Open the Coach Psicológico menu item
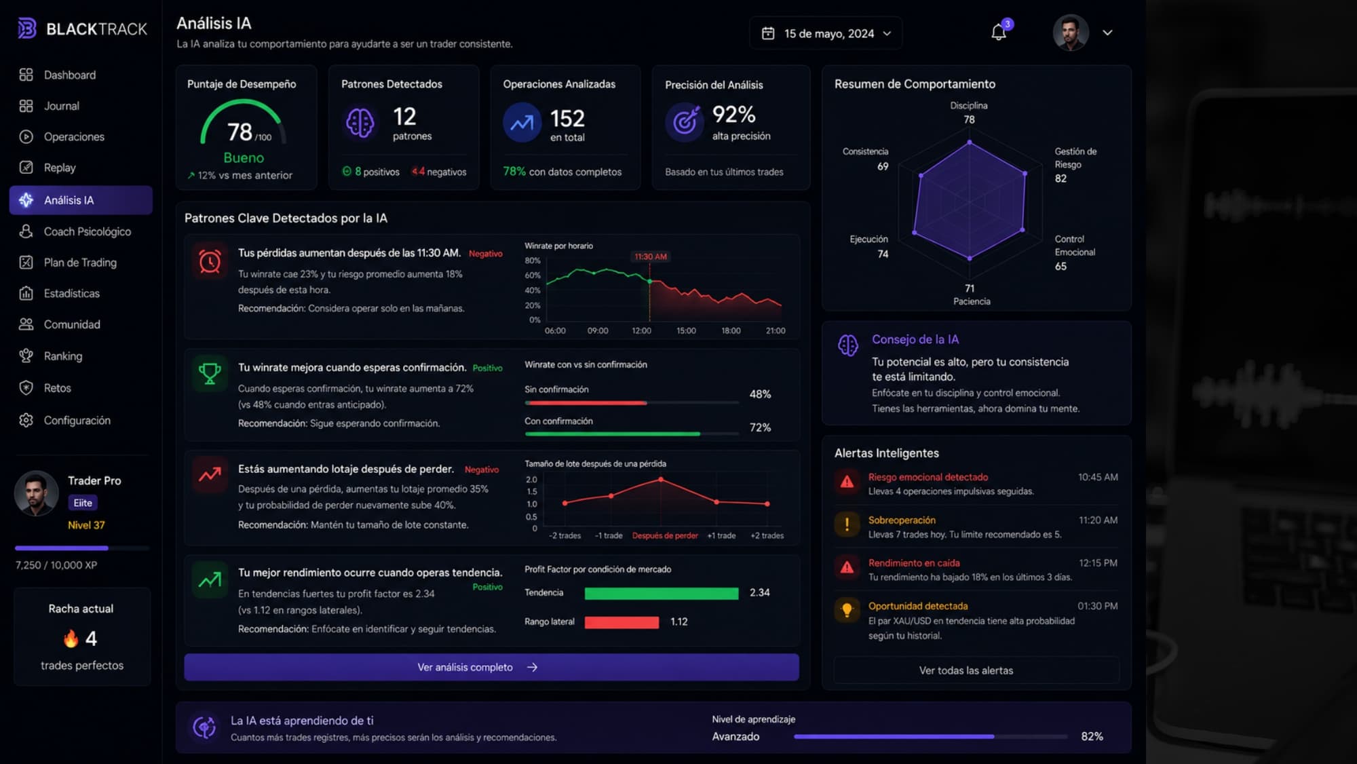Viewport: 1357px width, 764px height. click(87, 231)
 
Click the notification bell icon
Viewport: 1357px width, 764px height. click(998, 33)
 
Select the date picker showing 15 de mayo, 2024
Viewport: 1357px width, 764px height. click(826, 33)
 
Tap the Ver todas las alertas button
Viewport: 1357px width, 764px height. click(966, 670)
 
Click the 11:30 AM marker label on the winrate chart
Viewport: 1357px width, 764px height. click(650, 256)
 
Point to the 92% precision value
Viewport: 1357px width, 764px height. click(733, 114)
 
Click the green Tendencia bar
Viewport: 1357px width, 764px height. click(661, 594)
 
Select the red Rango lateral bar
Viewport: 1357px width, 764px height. click(622, 622)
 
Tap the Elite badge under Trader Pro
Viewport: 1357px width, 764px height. click(83, 503)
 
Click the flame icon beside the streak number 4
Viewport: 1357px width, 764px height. click(71, 638)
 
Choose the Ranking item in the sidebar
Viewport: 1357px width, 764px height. click(62, 356)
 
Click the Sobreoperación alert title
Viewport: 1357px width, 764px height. click(902, 520)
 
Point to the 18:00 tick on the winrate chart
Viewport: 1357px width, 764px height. click(731, 331)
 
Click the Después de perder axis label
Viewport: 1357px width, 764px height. click(665, 536)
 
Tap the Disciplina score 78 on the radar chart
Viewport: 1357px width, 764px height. click(969, 119)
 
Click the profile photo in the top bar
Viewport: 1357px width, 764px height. click(1071, 33)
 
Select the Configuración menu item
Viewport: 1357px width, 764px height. click(77, 421)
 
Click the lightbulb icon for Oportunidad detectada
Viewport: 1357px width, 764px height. click(847, 609)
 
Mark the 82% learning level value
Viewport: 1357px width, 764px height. click(1092, 736)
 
